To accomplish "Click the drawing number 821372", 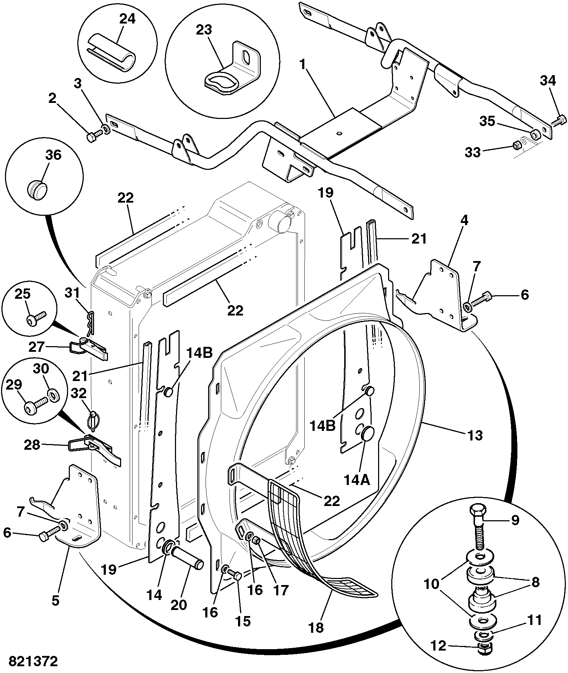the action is (x=33, y=662).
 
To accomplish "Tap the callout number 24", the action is (x=127, y=19).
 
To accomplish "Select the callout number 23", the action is (x=204, y=30).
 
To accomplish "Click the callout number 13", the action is (x=474, y=435).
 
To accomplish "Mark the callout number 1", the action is (x=303, y=64).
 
